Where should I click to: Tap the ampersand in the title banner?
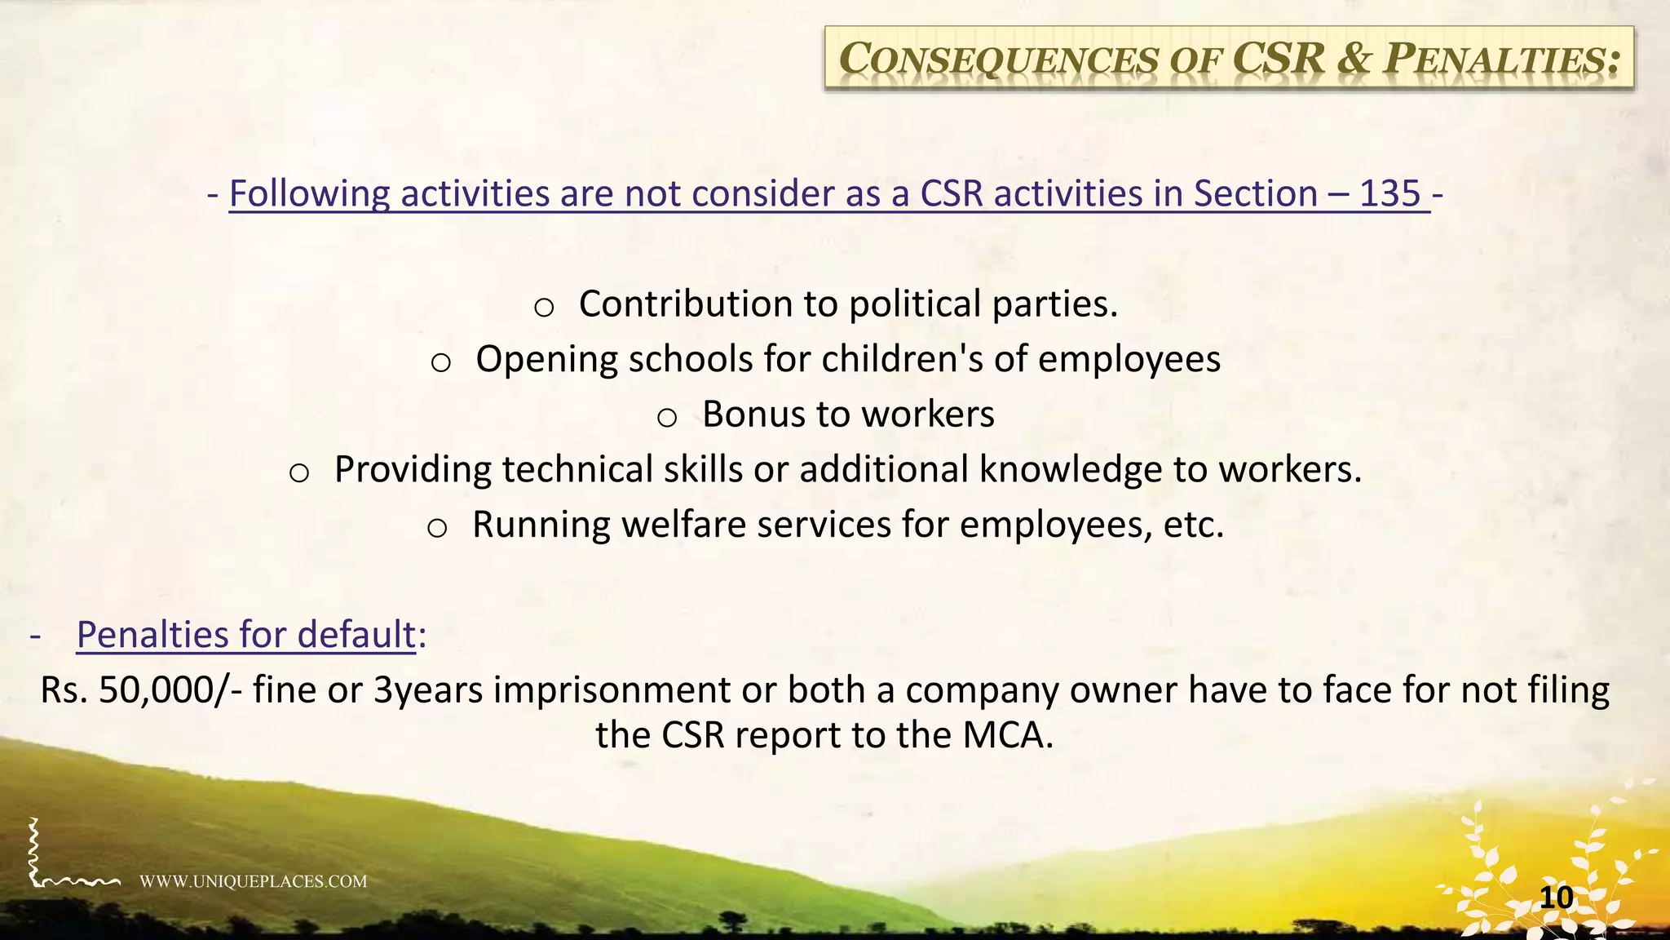1354,59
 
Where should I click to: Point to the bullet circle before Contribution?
544,308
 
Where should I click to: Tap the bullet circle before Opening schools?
440,363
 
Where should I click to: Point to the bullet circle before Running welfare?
437,529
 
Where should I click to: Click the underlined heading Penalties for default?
245,635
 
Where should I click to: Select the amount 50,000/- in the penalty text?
170,690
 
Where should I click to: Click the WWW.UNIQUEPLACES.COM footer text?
253,881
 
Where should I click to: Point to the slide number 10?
1556,898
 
